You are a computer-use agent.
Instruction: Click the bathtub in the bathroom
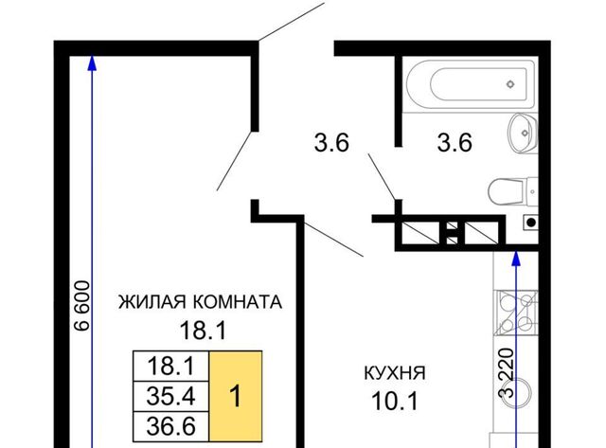coord(469,84)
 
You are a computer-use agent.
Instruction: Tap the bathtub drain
coord(510,84)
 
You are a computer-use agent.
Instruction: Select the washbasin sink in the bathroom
coord(523,133)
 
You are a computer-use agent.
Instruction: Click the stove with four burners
coord(517,313)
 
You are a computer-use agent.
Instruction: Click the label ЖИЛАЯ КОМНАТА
coord(200,302)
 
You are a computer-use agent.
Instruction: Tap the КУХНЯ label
coord(395,373)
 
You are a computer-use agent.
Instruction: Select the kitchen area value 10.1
coord(395,401)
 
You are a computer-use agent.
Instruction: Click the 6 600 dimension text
coord(82,306)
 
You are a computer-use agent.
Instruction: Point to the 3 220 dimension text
coord(507,373)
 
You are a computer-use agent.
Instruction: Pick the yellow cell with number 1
coord(236,396)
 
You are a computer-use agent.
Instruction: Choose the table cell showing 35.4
coord(170,397)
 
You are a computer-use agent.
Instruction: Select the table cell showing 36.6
coord(170,427)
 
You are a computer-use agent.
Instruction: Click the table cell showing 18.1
coord(170,367)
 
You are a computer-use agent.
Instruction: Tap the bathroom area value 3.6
coord(454,142)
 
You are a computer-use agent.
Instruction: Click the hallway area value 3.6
coord(331,142)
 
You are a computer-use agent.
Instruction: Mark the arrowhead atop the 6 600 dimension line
coord(92,63)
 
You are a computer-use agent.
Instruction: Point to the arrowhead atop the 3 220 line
coord(516,259)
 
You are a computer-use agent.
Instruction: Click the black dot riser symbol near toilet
coord(531,223)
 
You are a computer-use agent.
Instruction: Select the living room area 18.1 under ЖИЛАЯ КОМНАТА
coord(203,331)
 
